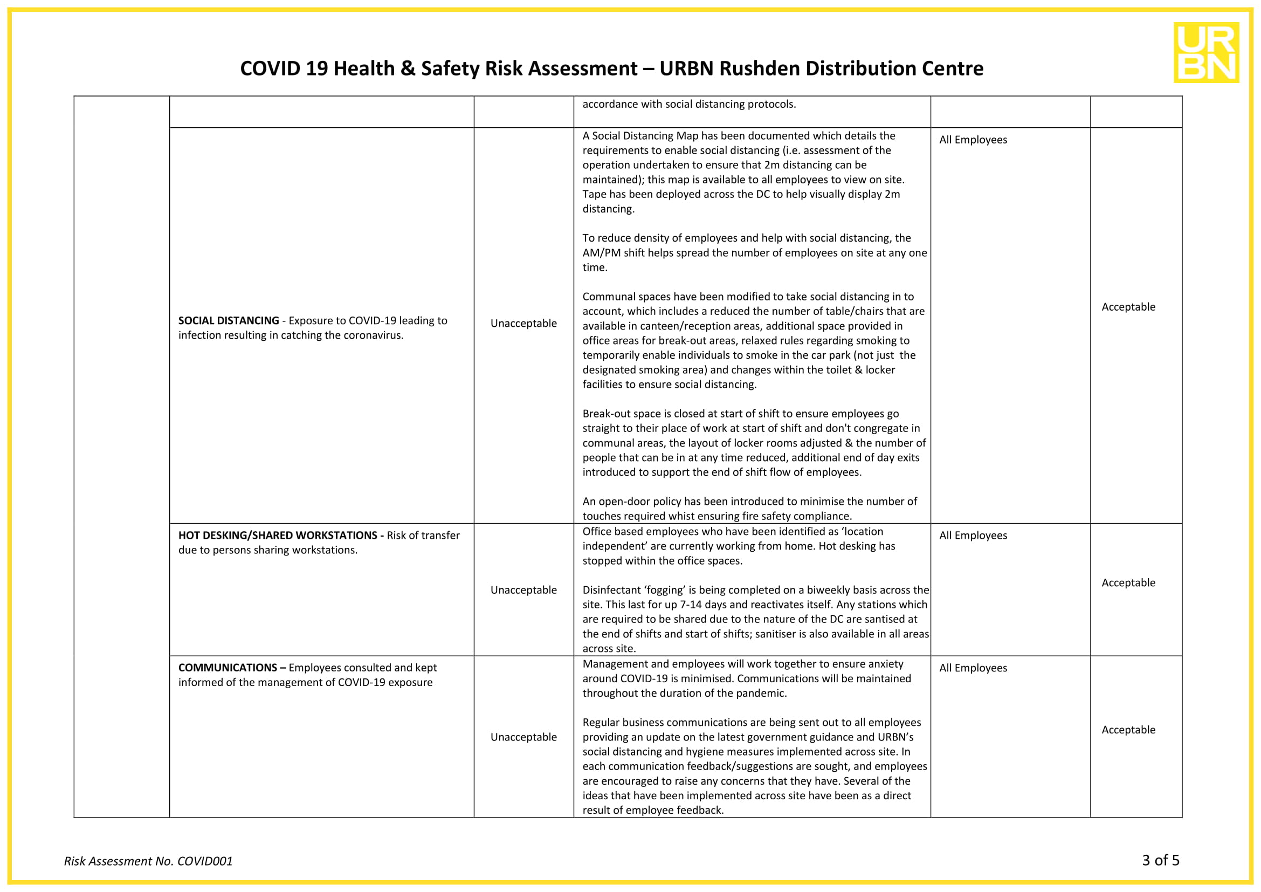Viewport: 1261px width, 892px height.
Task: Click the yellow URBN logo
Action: (x=1206, y=52)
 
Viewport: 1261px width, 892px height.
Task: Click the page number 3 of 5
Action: (x=1161, y=860)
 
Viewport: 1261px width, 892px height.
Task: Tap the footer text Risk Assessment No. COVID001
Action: (x=148, y=861)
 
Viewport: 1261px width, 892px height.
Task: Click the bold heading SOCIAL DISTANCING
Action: (x=229, y=321)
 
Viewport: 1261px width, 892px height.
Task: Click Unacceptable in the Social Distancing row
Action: (x=523, y=324)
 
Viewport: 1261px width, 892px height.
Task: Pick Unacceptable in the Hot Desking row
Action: (x=523, y=590)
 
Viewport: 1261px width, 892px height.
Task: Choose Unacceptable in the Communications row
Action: (x=523, y=737)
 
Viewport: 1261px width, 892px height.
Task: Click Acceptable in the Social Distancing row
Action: (x=1128, y=307)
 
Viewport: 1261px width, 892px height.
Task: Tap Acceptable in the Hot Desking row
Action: (x=1128, y=583)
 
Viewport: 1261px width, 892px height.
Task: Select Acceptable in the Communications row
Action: (x=1128, y=730)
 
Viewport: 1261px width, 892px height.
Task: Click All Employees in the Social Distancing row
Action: (x=973, y=140)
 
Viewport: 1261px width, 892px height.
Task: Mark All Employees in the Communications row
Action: (x=973, y=668)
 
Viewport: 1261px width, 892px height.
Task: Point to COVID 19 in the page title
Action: (x=285, y=68)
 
